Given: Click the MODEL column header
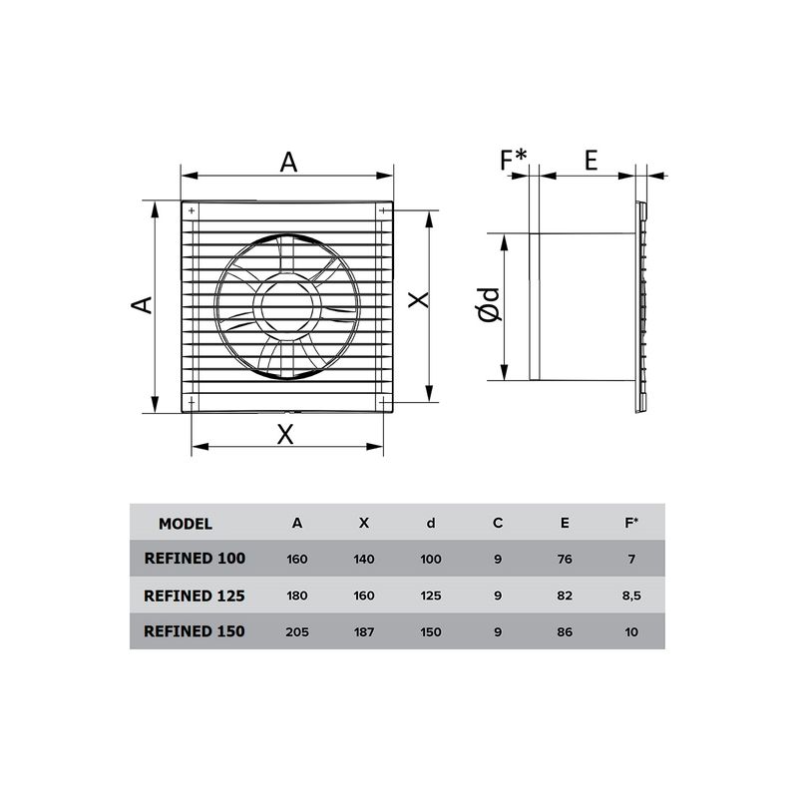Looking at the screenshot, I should pyautogui.click(x=186, y=523).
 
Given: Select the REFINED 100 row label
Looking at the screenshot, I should pyautogui.click(x=195, y=559).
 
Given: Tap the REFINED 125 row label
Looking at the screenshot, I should pyautogui.click(x=195, y=596).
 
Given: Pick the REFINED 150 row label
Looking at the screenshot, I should pyautogui.click(x=195, y=631).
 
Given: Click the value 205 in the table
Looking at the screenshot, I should pyautogui.click(x=297, y=631).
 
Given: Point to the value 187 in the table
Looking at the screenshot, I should pyautogui.click(x=364, y=631).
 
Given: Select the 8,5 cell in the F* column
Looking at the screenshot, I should pyautogui.click(x=630, y=596).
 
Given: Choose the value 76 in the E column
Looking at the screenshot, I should pyautogui.click(x=565, y=559).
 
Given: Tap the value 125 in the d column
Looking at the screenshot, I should pyautogui.click(x=431, y=596).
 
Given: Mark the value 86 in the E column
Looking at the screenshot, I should pyautogui.click(x=565, y=631).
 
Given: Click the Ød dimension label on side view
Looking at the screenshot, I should pyautogui.click(x=489, y=304).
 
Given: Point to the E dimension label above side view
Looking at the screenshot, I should pyautogui.click(x=591, y=160).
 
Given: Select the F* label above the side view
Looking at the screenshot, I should pyautogui.click(x=514, y=160).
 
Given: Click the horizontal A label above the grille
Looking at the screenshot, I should pyautogui.click(x=288, y=162).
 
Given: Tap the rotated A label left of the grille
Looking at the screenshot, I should pyautogui.click(x=144, y=304).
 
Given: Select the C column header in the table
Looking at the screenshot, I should pyautogui.click(x=497, y=523).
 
